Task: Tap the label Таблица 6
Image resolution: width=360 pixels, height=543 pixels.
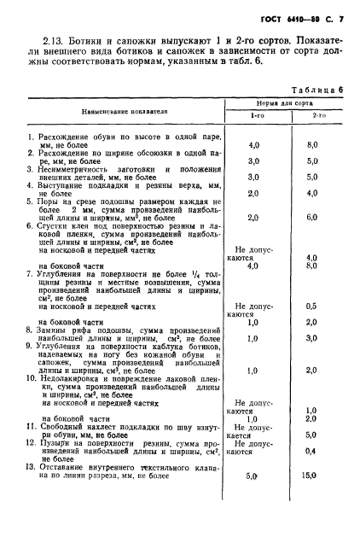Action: pyautogui.click(x=316, y=89)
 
